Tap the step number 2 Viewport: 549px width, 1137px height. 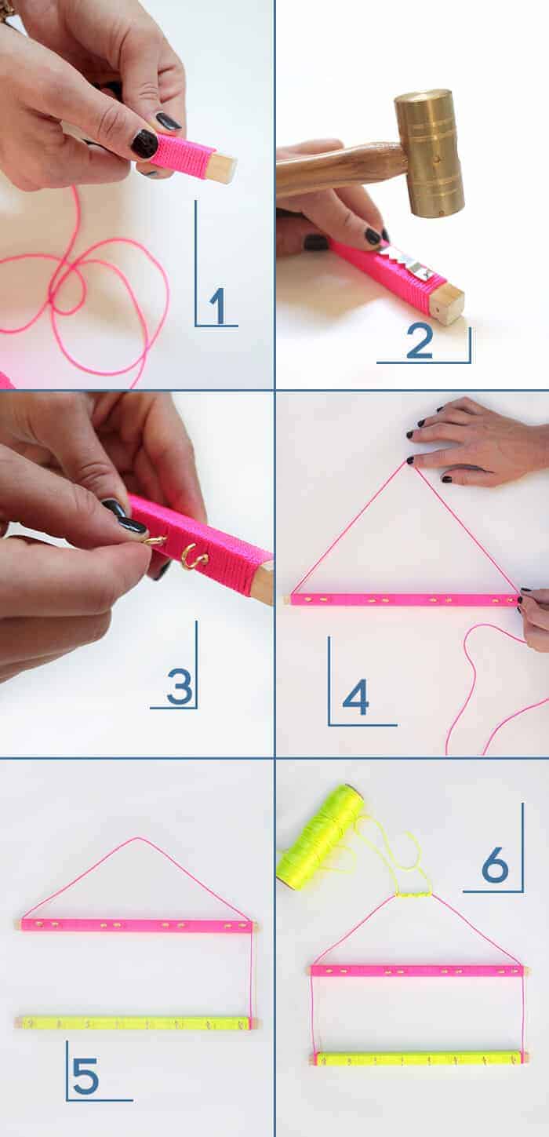[x=420, y=341]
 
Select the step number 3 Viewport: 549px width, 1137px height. [x=180, y=687]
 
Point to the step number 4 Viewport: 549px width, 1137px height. [x=356, y=698]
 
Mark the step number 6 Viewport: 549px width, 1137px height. [x=495, y=864]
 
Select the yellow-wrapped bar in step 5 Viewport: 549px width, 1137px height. [x=136, y=1022]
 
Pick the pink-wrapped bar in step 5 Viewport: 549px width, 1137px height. [x=138, y=925]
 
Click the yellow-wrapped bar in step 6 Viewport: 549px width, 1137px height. [x=419, y=1059]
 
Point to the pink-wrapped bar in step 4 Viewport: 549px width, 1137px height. [x=403, y=600]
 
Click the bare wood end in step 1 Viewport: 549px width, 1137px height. [x=222, y=167]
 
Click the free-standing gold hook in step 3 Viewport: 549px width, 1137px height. [x=194, y=557]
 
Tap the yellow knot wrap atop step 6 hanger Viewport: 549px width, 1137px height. [x=413, y=895]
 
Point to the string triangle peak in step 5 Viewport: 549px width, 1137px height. [x=136, y=837]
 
